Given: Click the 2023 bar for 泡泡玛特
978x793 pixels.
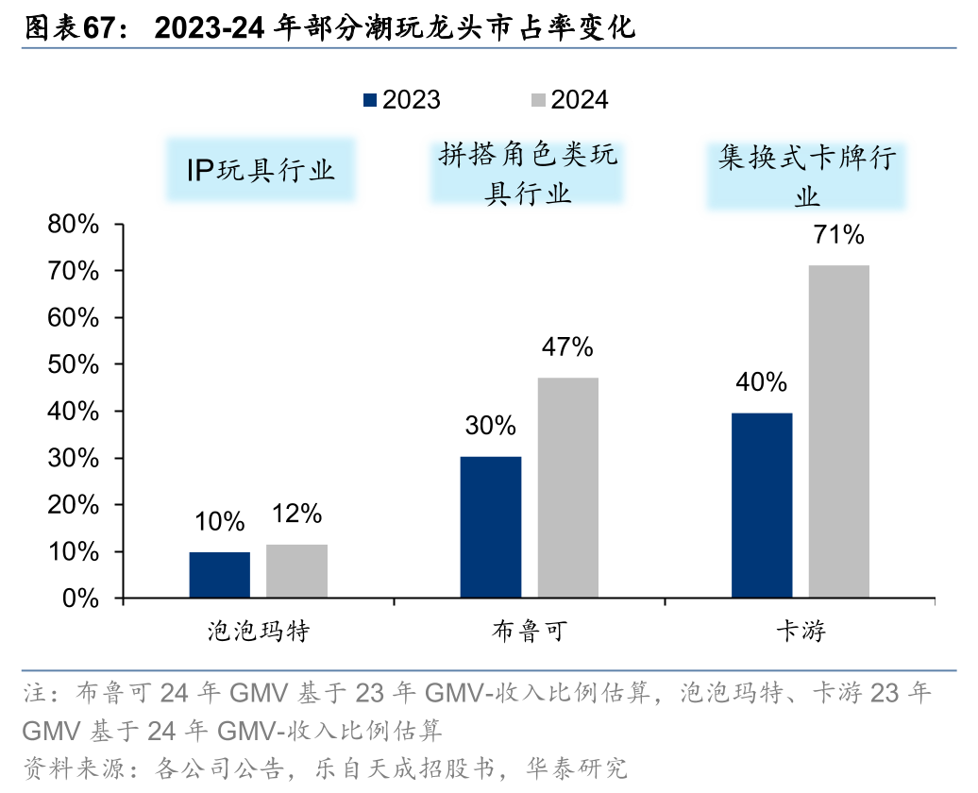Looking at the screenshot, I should [x=219, y=575].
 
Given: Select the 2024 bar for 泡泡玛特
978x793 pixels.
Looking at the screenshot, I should [x=296, y=571].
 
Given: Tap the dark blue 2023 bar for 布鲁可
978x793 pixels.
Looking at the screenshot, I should [x=491, y=527].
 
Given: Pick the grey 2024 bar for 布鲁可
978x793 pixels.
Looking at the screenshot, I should [x=567, y=487].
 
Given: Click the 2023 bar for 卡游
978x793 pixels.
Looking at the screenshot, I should [x=762, y=505].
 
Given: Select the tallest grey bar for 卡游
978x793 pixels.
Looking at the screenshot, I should [x=838, y=431].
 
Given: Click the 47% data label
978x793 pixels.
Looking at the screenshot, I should [x=567, y=347].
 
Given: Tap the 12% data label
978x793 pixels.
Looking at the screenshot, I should [x=296, y=514].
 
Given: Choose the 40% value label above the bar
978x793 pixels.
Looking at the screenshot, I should [x=762, y=381].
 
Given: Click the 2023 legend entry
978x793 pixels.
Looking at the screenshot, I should [x=401, y=100].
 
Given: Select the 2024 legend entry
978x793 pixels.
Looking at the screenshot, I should [x=569, y=100].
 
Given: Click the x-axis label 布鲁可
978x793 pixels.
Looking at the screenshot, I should [x=530, y=631].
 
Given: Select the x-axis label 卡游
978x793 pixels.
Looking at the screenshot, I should [x=801, y=631].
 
